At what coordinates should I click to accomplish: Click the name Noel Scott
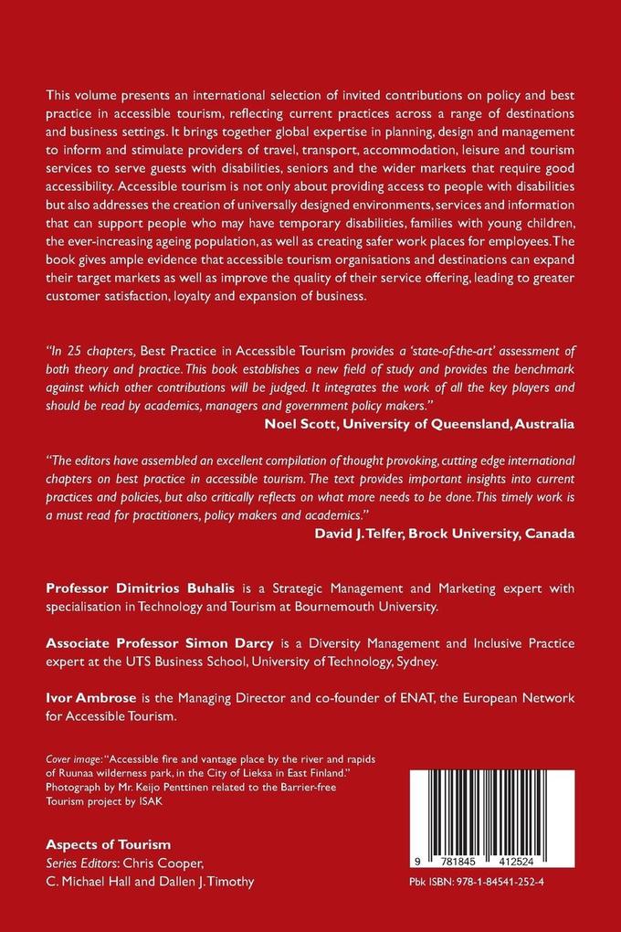click(x=299, y=423)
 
